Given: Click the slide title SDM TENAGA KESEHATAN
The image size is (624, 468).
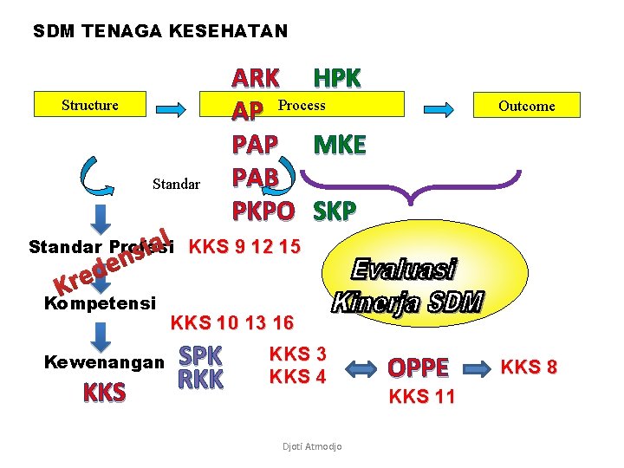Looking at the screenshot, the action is click(x=160, y=32).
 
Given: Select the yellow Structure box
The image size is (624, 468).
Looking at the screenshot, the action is click(x=90, y=105).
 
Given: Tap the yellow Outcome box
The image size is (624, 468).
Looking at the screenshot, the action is click(x=526, y=106).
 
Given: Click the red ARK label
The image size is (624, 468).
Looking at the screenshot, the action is click(x=256, y=78).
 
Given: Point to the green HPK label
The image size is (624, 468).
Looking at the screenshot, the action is click(x=337, y=78).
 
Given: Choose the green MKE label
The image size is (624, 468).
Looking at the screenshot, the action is click(x=340, y=144).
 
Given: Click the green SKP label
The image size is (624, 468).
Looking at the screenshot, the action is click(x=334, y=211).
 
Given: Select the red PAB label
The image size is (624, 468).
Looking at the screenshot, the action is click(x=255, y=177).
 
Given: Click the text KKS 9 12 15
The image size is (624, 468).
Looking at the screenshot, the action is click(x=244, y=246).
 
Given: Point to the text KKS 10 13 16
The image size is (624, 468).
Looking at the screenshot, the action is click(x=232, y=323).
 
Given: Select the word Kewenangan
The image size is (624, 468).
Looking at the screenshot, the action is click(x=104, y=361).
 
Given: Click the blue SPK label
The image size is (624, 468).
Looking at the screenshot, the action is click(x=200, y=355).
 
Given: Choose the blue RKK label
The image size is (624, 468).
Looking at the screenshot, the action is click(x=200, y=379).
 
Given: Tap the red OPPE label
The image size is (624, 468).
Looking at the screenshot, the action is click(x=418, y=367).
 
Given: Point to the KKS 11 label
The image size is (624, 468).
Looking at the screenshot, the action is click(x=422, y=398).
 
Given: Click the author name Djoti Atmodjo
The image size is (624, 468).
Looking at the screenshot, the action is click(x=312, y=446).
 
